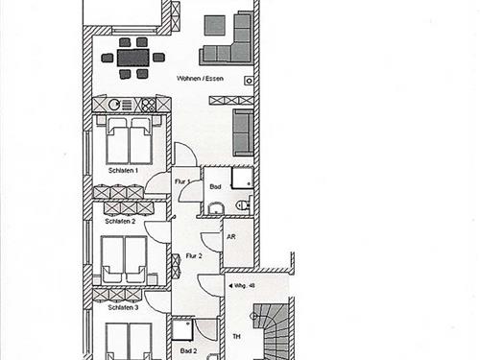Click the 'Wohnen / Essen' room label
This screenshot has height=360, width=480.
(200, 79)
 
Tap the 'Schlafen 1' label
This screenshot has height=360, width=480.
(123, 171)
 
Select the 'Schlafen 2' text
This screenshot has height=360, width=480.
(120, 221)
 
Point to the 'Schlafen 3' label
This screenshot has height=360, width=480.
(123, 307)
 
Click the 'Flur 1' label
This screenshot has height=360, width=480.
(182, 181)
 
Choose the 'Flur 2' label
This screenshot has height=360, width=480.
(194, 256)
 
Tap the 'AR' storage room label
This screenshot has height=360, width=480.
(231, 237)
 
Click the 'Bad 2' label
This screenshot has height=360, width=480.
(188, 351)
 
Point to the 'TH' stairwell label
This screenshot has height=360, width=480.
(236, 337)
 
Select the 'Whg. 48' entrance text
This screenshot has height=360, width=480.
(245, 286)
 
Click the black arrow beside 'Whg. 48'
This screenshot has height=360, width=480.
(229, 286)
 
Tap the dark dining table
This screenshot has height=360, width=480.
(133, 58)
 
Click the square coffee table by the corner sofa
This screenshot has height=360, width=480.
(215, 26)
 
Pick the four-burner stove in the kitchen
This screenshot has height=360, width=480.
(149, 105)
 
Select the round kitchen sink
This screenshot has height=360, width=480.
(114, 105)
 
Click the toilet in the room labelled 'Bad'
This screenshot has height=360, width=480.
(244, 204)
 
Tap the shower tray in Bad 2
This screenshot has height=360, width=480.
(182, 330)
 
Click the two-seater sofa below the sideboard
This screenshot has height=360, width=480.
(243, 132)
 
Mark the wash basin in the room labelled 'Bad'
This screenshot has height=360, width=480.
(216, 208)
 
